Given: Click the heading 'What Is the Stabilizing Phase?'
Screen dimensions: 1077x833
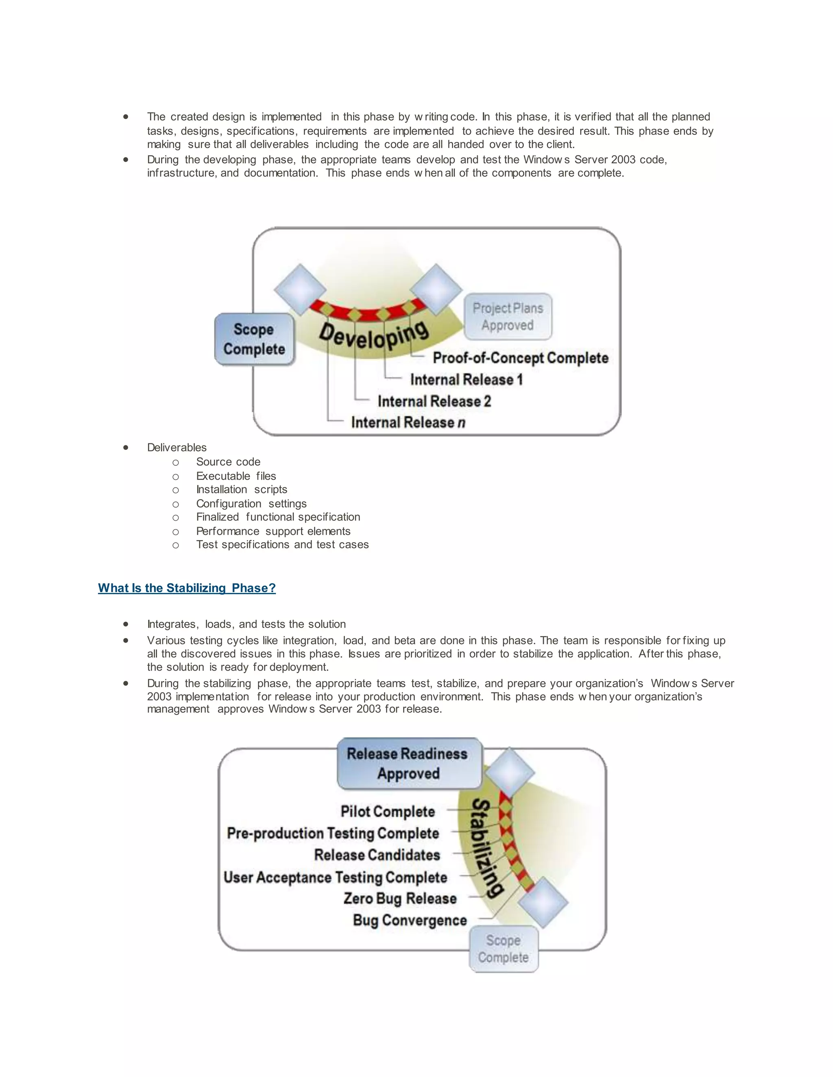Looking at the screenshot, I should pyautogui.click(x=187, y=588).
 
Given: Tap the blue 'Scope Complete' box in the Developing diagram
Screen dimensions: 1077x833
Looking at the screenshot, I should pyautogui.click(x=254, y=339).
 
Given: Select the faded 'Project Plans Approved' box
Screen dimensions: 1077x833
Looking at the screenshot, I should pyautogui.click(x=508, y=317).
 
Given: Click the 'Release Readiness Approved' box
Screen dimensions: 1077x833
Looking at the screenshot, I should pyautogui.click(x=408, y=763).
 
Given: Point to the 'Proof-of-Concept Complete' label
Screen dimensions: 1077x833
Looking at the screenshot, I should pyautogui.click(x=520, y=358).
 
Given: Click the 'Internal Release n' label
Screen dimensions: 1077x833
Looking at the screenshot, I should pyautogui.click(x=408, y=423).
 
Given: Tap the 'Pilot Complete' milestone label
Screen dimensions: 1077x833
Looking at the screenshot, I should pyautogui.click(x=387, y=811).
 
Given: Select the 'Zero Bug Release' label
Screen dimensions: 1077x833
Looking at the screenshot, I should pyautogui.click(x=400, y=899).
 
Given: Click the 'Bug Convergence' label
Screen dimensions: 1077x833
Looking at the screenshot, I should pyautogui.click(x=410, y=920).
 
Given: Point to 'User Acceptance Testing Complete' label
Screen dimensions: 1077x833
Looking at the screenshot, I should pyautogui.click(x=335, y=877).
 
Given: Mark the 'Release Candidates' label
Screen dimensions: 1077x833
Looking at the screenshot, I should pyautogui.click(x=377, y=855).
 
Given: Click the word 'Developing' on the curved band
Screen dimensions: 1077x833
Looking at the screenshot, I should pyautogui.click(x=373, y=335).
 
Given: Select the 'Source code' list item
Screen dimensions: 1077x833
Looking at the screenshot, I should pyautogui.click(x=228, y=462).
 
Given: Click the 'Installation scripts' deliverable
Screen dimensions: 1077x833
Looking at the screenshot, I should pyautogui.click(x=241, y=490).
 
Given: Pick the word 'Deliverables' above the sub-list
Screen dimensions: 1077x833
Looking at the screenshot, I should pyautogui.click(x=177, y=448).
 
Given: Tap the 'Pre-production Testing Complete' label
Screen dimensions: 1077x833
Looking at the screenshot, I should pyautogui.click(x=333, y=834).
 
